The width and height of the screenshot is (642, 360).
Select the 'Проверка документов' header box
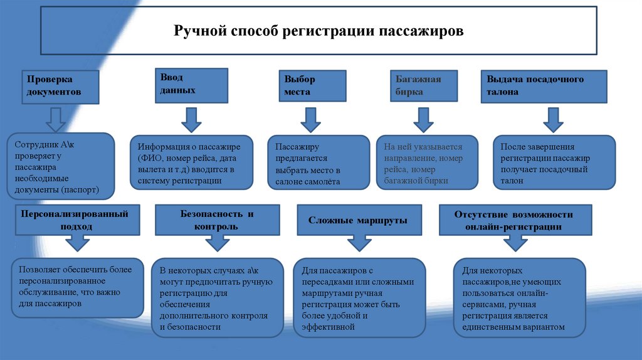(x=61, y=87)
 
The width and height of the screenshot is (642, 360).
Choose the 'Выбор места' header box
(x=311, y=86)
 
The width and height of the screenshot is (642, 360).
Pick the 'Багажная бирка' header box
(x=424, y=86)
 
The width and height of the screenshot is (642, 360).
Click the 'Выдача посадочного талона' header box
(x=544, y=86)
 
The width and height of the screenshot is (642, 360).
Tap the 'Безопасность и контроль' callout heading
(x=209, y=220)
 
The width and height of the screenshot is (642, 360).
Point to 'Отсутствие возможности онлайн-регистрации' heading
(x=513, y=220)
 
